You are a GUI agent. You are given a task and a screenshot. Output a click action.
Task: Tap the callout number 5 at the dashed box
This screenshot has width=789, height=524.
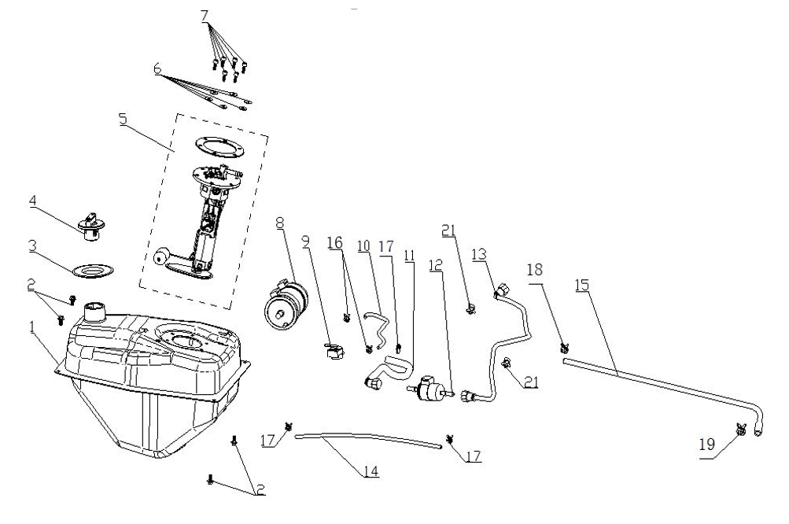click(122, 120)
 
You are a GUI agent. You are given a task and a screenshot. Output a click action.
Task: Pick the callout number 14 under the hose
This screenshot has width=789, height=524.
click(371, 472)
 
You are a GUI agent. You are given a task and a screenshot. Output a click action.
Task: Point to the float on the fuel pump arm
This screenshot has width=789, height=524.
click(162, 256)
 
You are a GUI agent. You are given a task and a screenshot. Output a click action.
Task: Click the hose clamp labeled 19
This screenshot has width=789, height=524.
click(740, 430)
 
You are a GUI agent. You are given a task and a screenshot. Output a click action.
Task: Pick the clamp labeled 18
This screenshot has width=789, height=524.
click(564, 348)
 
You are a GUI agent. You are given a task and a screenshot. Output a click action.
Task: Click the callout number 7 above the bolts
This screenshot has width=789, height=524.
click(205, 16)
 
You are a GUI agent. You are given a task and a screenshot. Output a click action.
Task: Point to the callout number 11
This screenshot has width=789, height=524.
click(408, 256)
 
